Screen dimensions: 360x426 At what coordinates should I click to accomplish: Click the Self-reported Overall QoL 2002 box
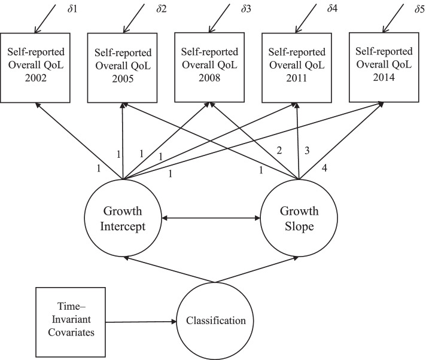(x=36, y=66)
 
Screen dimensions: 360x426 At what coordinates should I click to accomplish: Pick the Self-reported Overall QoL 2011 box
(x=297, y=66)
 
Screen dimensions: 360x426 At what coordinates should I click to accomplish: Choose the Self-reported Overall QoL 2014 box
(x=383, y=66)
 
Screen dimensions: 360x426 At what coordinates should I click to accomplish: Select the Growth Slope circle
(x=299, y=219)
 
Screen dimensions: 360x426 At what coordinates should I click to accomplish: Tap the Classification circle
(x=215, y=321)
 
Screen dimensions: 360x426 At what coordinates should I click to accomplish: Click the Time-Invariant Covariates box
(x=66, y=321)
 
